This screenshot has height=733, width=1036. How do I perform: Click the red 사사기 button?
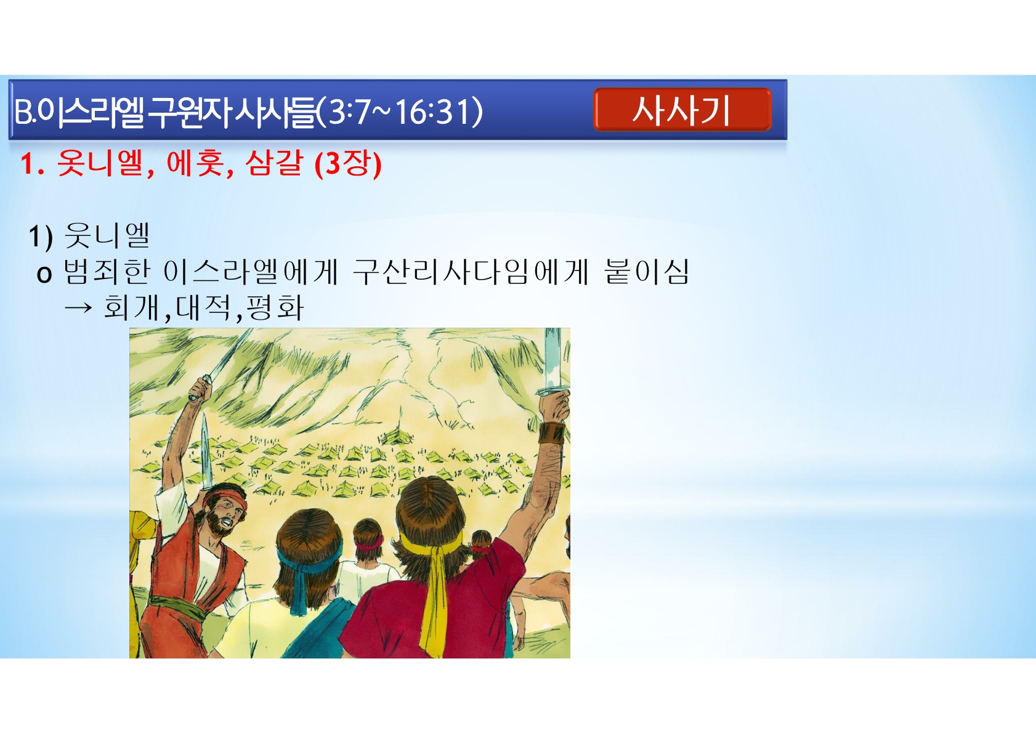pos(682,110)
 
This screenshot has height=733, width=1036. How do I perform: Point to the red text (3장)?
pos(348,164)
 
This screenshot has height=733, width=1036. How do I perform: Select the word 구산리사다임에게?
pos(470,272)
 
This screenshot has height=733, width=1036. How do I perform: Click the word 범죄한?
pos(107,272)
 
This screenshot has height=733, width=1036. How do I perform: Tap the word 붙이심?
pos(647,272)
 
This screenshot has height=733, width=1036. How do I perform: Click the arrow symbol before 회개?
pos(78,307)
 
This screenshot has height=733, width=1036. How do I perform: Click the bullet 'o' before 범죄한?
pos(44,274)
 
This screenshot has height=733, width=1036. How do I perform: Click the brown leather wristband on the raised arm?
pos(551,432)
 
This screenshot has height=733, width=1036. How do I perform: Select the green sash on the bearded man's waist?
pos(178,607)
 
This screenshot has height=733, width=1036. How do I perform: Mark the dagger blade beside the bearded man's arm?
pos(206,448)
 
